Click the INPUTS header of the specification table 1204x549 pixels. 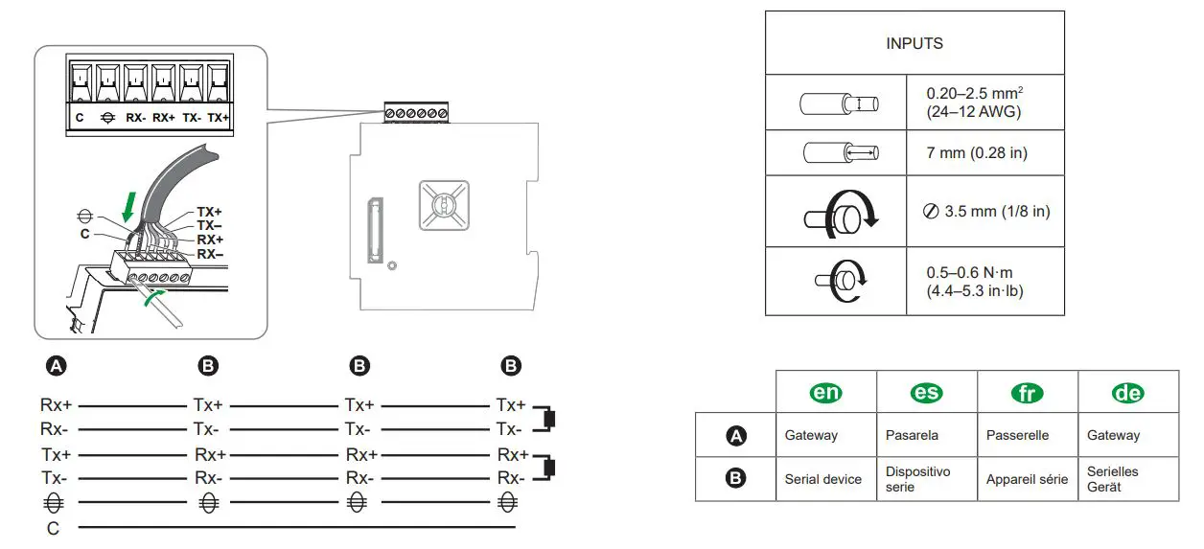[914, 43]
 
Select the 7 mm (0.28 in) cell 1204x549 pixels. [976, 153]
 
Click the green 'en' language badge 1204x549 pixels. [824, 393]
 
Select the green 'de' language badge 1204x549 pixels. [1127, 393]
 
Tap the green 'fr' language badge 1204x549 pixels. [1027, 393]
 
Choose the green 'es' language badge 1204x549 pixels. [926, 393]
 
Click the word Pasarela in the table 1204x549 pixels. [912, 435]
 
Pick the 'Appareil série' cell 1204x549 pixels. [1027, 479]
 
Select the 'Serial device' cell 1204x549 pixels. [822, 479]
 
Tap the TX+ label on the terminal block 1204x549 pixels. [219, 118]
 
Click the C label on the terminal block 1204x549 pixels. [80, 118]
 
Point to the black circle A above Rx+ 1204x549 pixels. [57, 365]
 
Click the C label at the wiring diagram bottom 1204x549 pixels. [53, 527]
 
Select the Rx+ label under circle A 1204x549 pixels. [56, 405]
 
